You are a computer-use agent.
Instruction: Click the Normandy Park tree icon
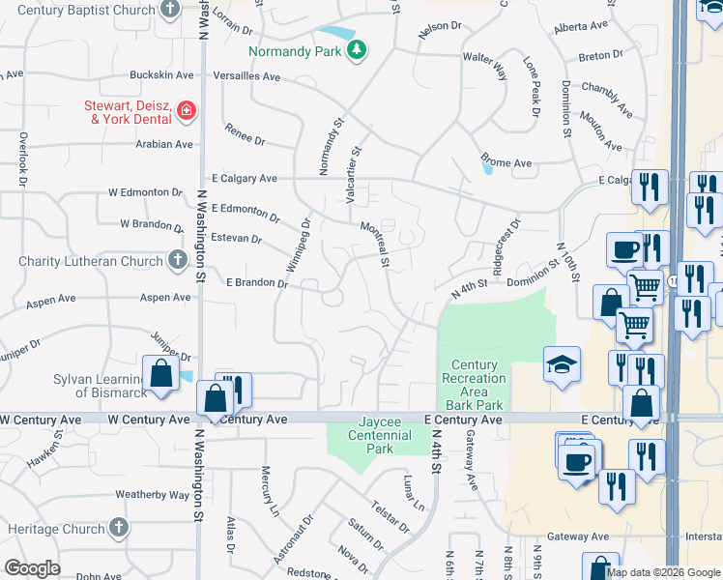[x=357, y=49]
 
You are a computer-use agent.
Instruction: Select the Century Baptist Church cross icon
[x=170, y=10]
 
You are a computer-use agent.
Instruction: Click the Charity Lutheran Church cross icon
[x=177, y=260]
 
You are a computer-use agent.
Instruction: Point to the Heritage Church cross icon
[x=119, y=529]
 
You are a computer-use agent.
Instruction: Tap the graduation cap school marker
[x=562, y=364]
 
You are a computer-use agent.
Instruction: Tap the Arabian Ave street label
[x=164, y=144]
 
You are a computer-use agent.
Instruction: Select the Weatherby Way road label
[x=153, y=495]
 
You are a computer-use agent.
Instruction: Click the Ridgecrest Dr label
[x=506, y=247]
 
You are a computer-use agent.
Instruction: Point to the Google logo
[x=32, y=568]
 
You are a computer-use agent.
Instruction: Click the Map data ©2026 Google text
[x=662, y=572]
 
